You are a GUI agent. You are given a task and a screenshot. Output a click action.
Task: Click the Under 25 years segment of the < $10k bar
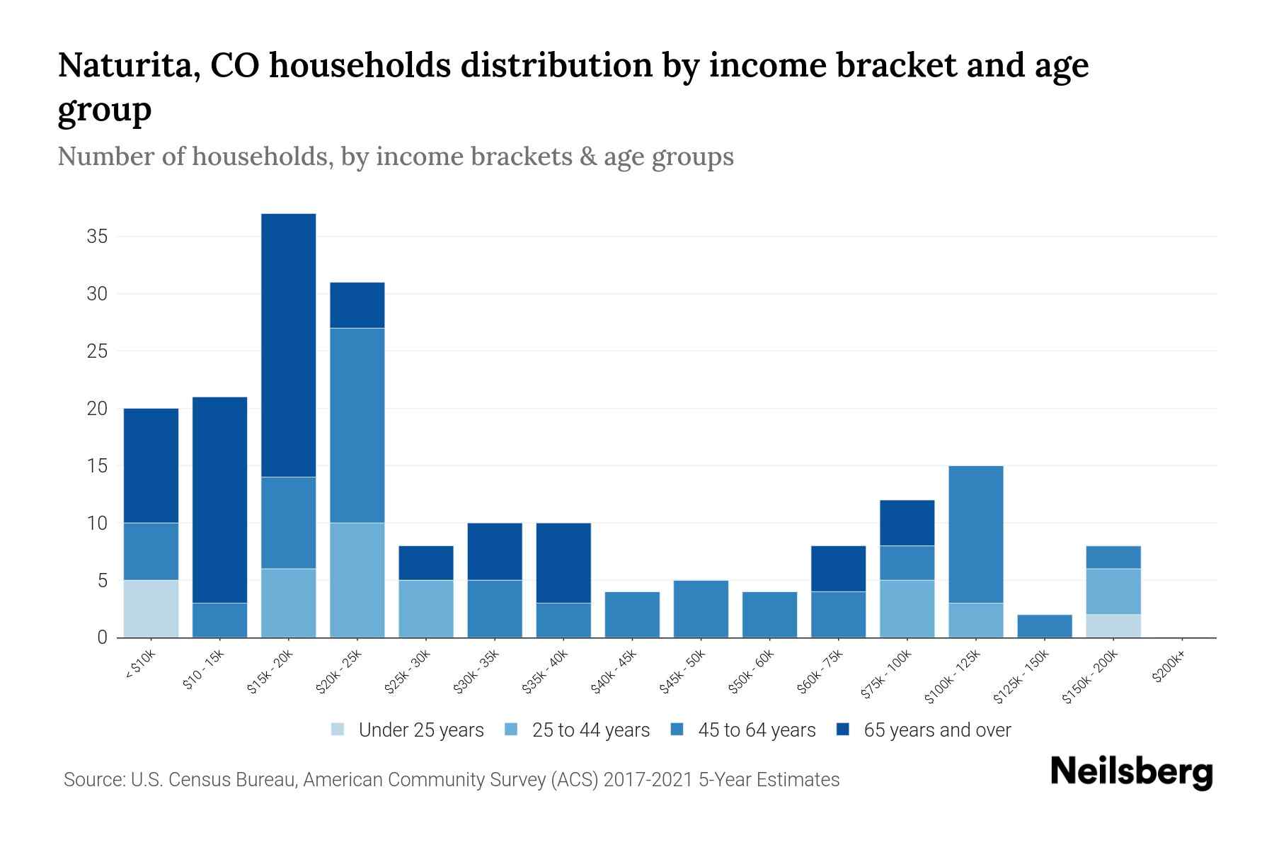point(151,608)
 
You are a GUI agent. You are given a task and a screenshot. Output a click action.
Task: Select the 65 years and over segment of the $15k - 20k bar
point(288,345)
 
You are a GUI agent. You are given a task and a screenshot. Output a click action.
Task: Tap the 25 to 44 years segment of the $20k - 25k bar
point(357,580)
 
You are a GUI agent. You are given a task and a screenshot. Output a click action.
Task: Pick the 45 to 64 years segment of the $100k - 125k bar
point(975,534)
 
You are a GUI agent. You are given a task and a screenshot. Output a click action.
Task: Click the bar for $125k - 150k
point(1044,626)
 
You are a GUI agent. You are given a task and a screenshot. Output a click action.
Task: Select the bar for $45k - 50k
point(701,609)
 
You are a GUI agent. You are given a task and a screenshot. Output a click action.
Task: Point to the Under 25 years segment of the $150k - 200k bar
point(1113,625)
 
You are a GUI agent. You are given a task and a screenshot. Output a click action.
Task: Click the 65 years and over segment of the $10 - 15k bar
point(219,500)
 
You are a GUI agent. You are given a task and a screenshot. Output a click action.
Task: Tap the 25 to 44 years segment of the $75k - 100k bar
point(907,608)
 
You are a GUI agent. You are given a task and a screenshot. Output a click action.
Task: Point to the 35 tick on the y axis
point(97,237)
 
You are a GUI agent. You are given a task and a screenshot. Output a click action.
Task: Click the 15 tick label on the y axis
point(97,466)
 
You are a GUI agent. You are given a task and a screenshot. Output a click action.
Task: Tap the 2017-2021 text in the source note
point(648,780)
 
